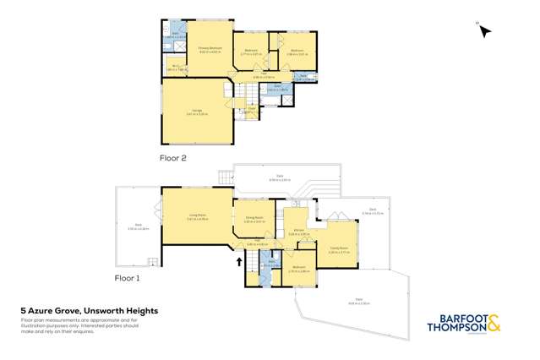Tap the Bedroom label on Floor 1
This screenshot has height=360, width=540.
298,269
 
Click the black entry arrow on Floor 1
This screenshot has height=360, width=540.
239,262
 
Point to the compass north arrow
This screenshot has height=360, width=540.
485,31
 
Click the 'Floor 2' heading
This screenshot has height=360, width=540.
172,158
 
